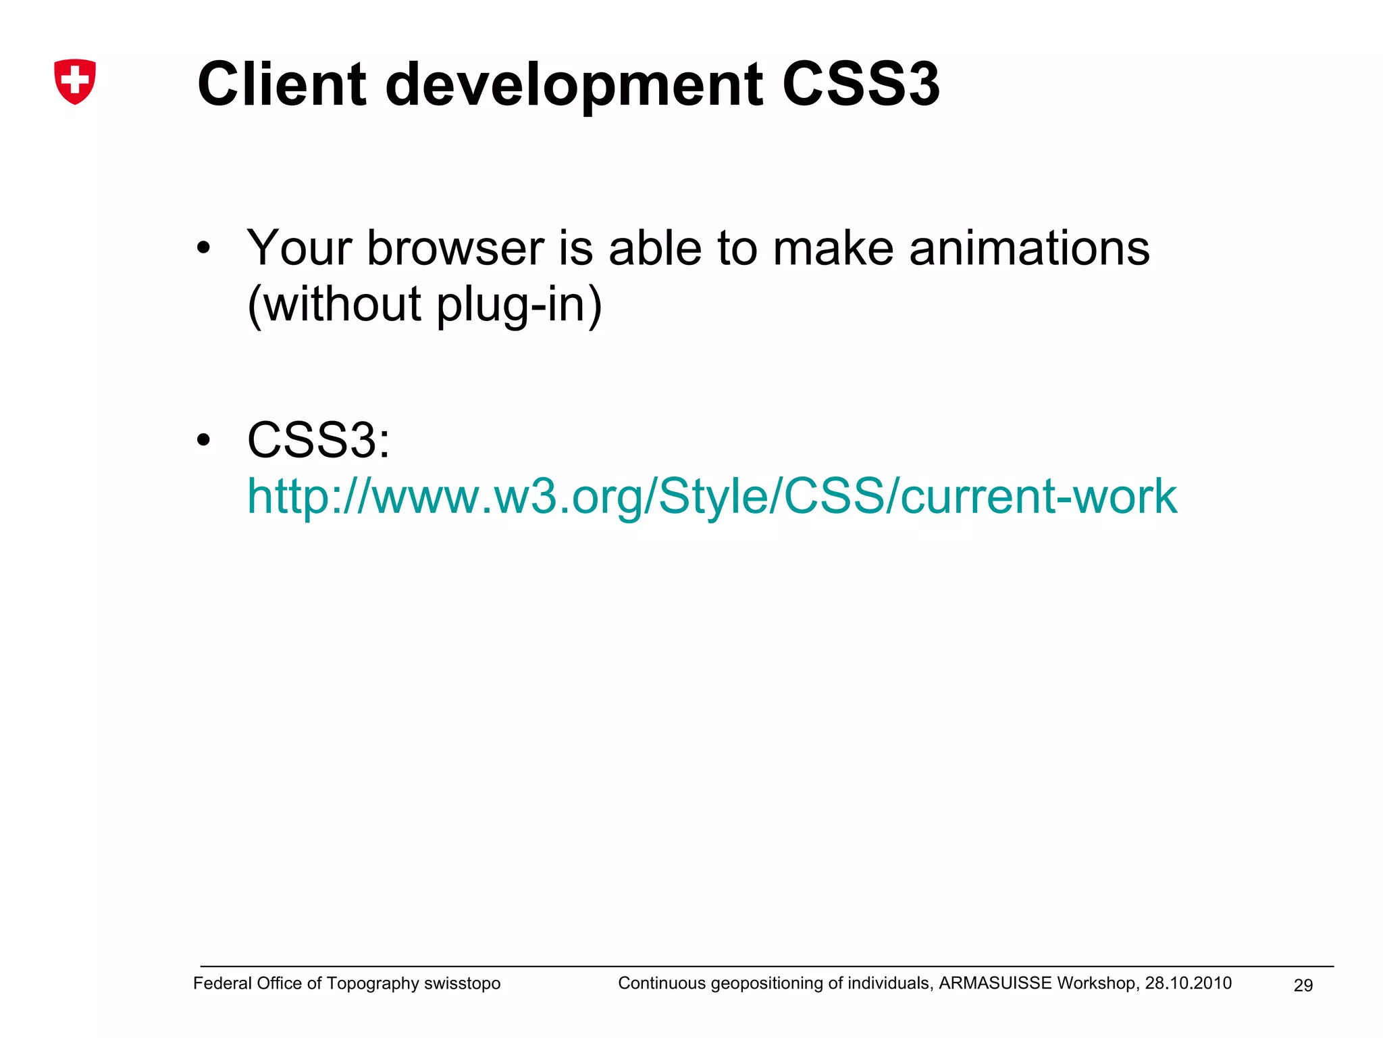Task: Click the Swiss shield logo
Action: click(x=75, y=81)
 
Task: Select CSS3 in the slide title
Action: click(x=860, y=84)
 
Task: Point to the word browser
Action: click(x=455, y=248)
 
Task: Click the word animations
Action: click(x=1029, y=248)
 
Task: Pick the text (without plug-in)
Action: click(x=424, y=304)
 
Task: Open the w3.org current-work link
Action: click(x=712, y=497)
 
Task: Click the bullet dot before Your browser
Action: click(x=203, y=249)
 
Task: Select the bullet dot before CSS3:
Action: click(x=203, y=441)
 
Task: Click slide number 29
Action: click(x=1303, y=985)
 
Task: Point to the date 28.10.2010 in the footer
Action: click(x=1188, y=983)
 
